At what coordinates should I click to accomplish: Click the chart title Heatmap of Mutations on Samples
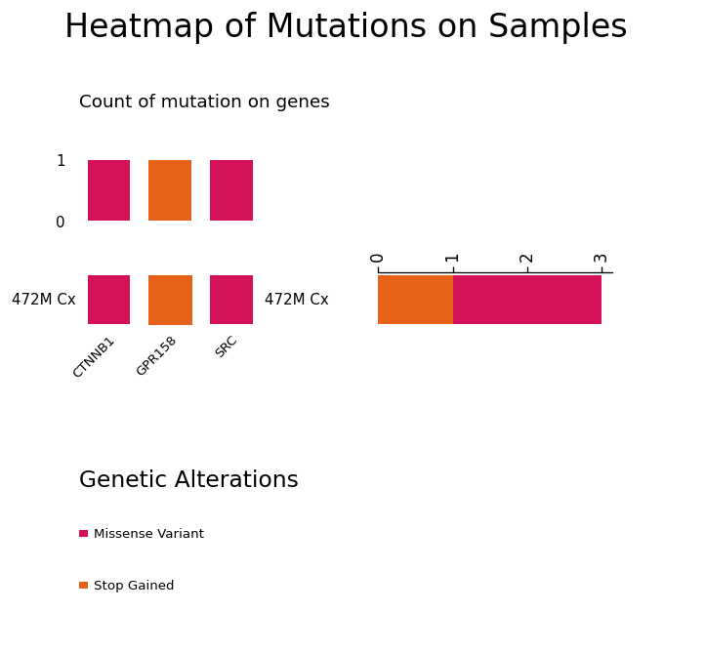(x=346, y=27)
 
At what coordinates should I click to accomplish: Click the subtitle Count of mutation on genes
(x=204, y=102)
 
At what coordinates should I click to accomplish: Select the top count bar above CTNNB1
(x=109, y=190)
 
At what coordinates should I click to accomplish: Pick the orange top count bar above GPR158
(x=170, y=190)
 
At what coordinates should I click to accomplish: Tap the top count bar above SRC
(x=231, y=190)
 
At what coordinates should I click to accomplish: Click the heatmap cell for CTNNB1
(x=109, y=300)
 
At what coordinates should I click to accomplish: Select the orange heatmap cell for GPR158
(x=170, y=300)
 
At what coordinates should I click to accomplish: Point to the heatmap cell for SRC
(x=231, y=300)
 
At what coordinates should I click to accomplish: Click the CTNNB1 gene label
(x=94, y=358)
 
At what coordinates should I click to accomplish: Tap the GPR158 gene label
(x=156, y=356)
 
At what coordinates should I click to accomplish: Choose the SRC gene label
(x=226, y=346)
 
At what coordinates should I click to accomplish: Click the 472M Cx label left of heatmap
(x=44, y=300)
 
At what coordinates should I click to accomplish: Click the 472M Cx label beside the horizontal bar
(x=297, y=300)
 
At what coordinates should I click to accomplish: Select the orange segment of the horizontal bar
(x=416, y=300)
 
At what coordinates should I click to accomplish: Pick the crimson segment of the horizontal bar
(x=527, y=300)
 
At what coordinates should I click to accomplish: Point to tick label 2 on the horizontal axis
(x=526, y=259)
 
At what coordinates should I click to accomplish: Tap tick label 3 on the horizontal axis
(x=601, y=259)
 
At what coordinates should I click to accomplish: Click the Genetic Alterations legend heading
(x=188, y=479)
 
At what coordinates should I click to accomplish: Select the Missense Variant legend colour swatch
(x=83, y=534)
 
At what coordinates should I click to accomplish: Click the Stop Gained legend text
(x=134, y=586)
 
